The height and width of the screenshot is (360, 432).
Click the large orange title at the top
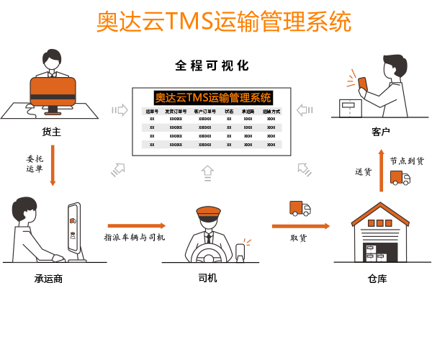tap(223, 22)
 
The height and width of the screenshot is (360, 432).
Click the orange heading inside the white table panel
tap(213, 98)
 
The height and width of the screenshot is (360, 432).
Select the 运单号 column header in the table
tap(152, 112)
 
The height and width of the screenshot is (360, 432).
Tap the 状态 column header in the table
tap(229, 112)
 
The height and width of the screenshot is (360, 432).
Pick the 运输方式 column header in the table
tap(271, 112)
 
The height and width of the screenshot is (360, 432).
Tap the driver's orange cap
tap(209, 212)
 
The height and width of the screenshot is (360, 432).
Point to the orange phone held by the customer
tap(362, 82)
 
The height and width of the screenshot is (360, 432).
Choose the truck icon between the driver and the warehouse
tap(300, 209)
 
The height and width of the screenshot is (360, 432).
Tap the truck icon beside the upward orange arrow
tap(400, 177)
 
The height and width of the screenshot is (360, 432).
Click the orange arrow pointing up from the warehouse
tap(382, 170)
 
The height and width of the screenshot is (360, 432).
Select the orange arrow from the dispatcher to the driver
tap(137, 226)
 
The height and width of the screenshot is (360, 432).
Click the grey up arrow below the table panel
tap(207, 172)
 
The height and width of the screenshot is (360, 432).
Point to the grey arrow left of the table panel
tap(120, 110)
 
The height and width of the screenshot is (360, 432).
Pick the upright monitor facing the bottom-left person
tap(74, 229)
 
